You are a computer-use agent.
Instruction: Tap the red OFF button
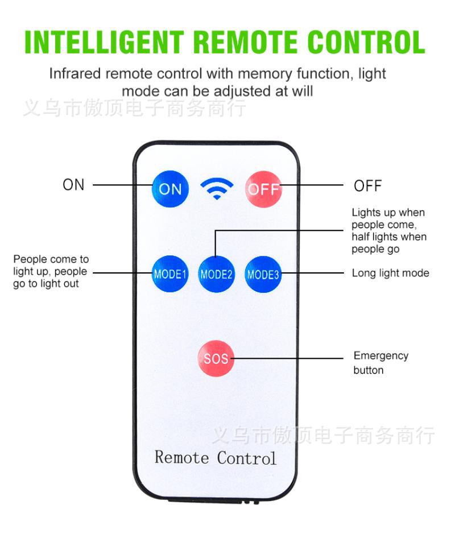click(263, 189)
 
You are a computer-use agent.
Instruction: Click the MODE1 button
click(170, 274)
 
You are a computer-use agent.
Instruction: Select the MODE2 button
click(217, 274)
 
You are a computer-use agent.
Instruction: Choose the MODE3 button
click(263, 274)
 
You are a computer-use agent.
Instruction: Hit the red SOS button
click(216, 358)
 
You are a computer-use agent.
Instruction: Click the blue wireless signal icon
click(217, 188)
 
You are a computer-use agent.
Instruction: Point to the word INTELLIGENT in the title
click(105, 42)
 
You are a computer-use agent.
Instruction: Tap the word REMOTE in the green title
click(247, 42)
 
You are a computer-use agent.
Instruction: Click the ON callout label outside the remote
click(73, 185)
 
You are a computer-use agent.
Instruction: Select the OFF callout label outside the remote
click(367, 186)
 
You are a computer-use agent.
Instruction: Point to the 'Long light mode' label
click(390, 274)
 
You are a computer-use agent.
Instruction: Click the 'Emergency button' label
click(380, 363)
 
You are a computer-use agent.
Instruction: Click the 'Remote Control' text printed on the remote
click(216, 457)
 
